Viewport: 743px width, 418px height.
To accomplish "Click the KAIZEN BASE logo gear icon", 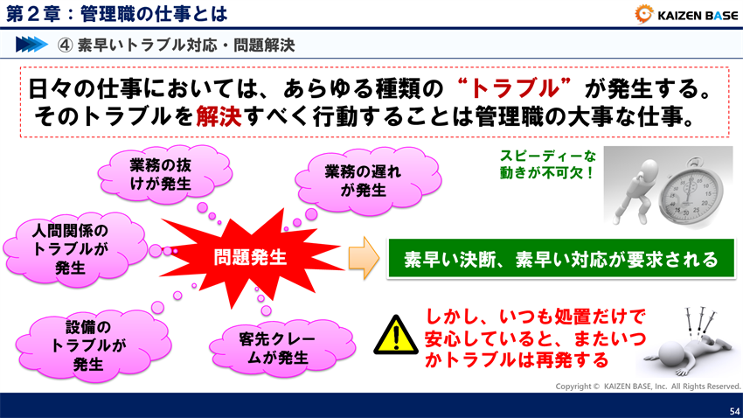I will (x=644, y=14).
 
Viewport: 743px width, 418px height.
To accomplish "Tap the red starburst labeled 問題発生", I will (x=250, y=257).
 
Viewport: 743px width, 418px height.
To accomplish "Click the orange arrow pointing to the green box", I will (x=362, y=259).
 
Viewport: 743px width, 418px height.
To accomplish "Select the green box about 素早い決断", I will (x=560, y=260).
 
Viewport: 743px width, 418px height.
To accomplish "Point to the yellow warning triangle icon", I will (x=396, y=335).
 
